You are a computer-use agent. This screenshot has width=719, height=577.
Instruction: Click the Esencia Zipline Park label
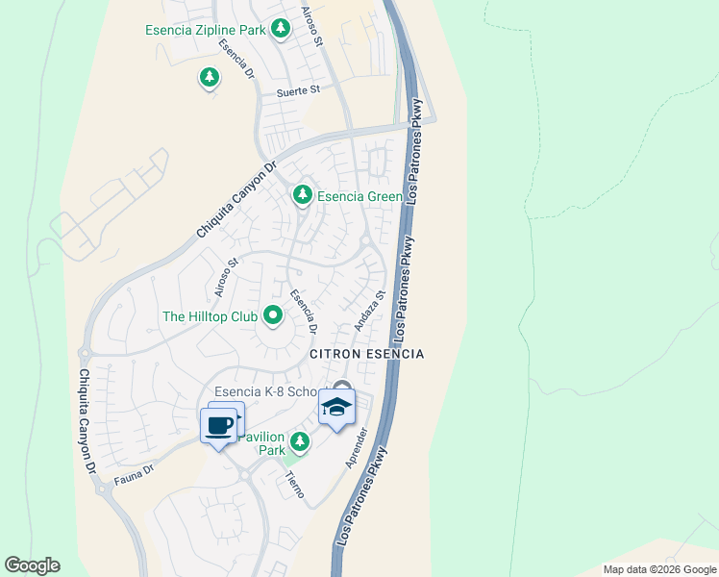pyautogui.click(x=205, y=30)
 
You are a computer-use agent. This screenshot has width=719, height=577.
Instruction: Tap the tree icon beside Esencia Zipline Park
pyautogui.click(x=280, y=29)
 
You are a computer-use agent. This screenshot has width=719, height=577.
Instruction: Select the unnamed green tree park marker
pyautogui.click(x=209, y=77)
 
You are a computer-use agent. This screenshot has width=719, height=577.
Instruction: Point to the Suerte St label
pyautogui.click(x=297, y=91)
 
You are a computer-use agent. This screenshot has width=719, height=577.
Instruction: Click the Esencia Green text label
pyautogui.click(x=359, y=196)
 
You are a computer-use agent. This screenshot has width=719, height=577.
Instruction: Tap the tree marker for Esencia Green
pyautogui.click(x=303, y=195)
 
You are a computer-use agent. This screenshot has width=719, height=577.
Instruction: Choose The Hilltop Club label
pyautogui.click(x=210, y=315)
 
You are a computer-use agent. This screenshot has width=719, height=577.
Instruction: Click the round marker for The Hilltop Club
pyautogui.click(x=272, y=314)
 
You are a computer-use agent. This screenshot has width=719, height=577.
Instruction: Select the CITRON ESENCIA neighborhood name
pyautogui.click(x=366, y=354)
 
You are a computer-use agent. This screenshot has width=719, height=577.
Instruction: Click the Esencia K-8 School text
pyautogui.click(x=270, y=392)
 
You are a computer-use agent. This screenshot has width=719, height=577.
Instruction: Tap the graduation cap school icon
pyautogui.click(x=336, y=408)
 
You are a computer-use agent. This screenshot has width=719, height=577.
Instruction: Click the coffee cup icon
pyautogui.click(x=219, y=424)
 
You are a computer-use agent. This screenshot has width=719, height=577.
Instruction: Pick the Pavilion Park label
pyautogui.click(x=261, y=443)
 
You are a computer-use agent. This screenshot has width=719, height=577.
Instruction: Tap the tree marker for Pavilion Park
pyautogui.click(x=300, y=442)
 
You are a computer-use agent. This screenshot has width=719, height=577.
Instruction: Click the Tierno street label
pyautogui.click(x=294, y=487)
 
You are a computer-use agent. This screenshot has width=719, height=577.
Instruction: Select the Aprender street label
pyautogui.click(x=357, y=447)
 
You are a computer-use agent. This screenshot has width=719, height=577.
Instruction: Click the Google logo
pyautogui.click(x=32, y=565)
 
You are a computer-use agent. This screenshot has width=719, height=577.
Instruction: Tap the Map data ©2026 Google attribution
pyautogui.click(x=658, y=569)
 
